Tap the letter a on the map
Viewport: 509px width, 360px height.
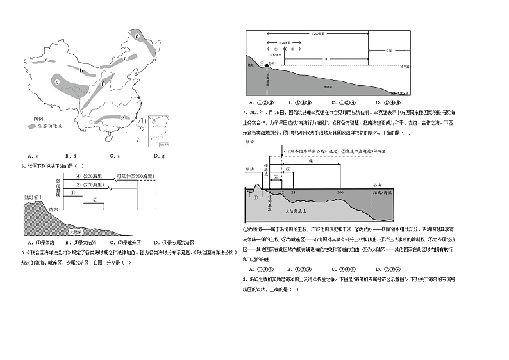pos(47,60)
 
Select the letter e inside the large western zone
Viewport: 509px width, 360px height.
pos(58,82)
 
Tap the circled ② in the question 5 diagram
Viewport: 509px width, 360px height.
pos(94,199)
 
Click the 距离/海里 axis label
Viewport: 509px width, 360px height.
pos(381,192)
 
